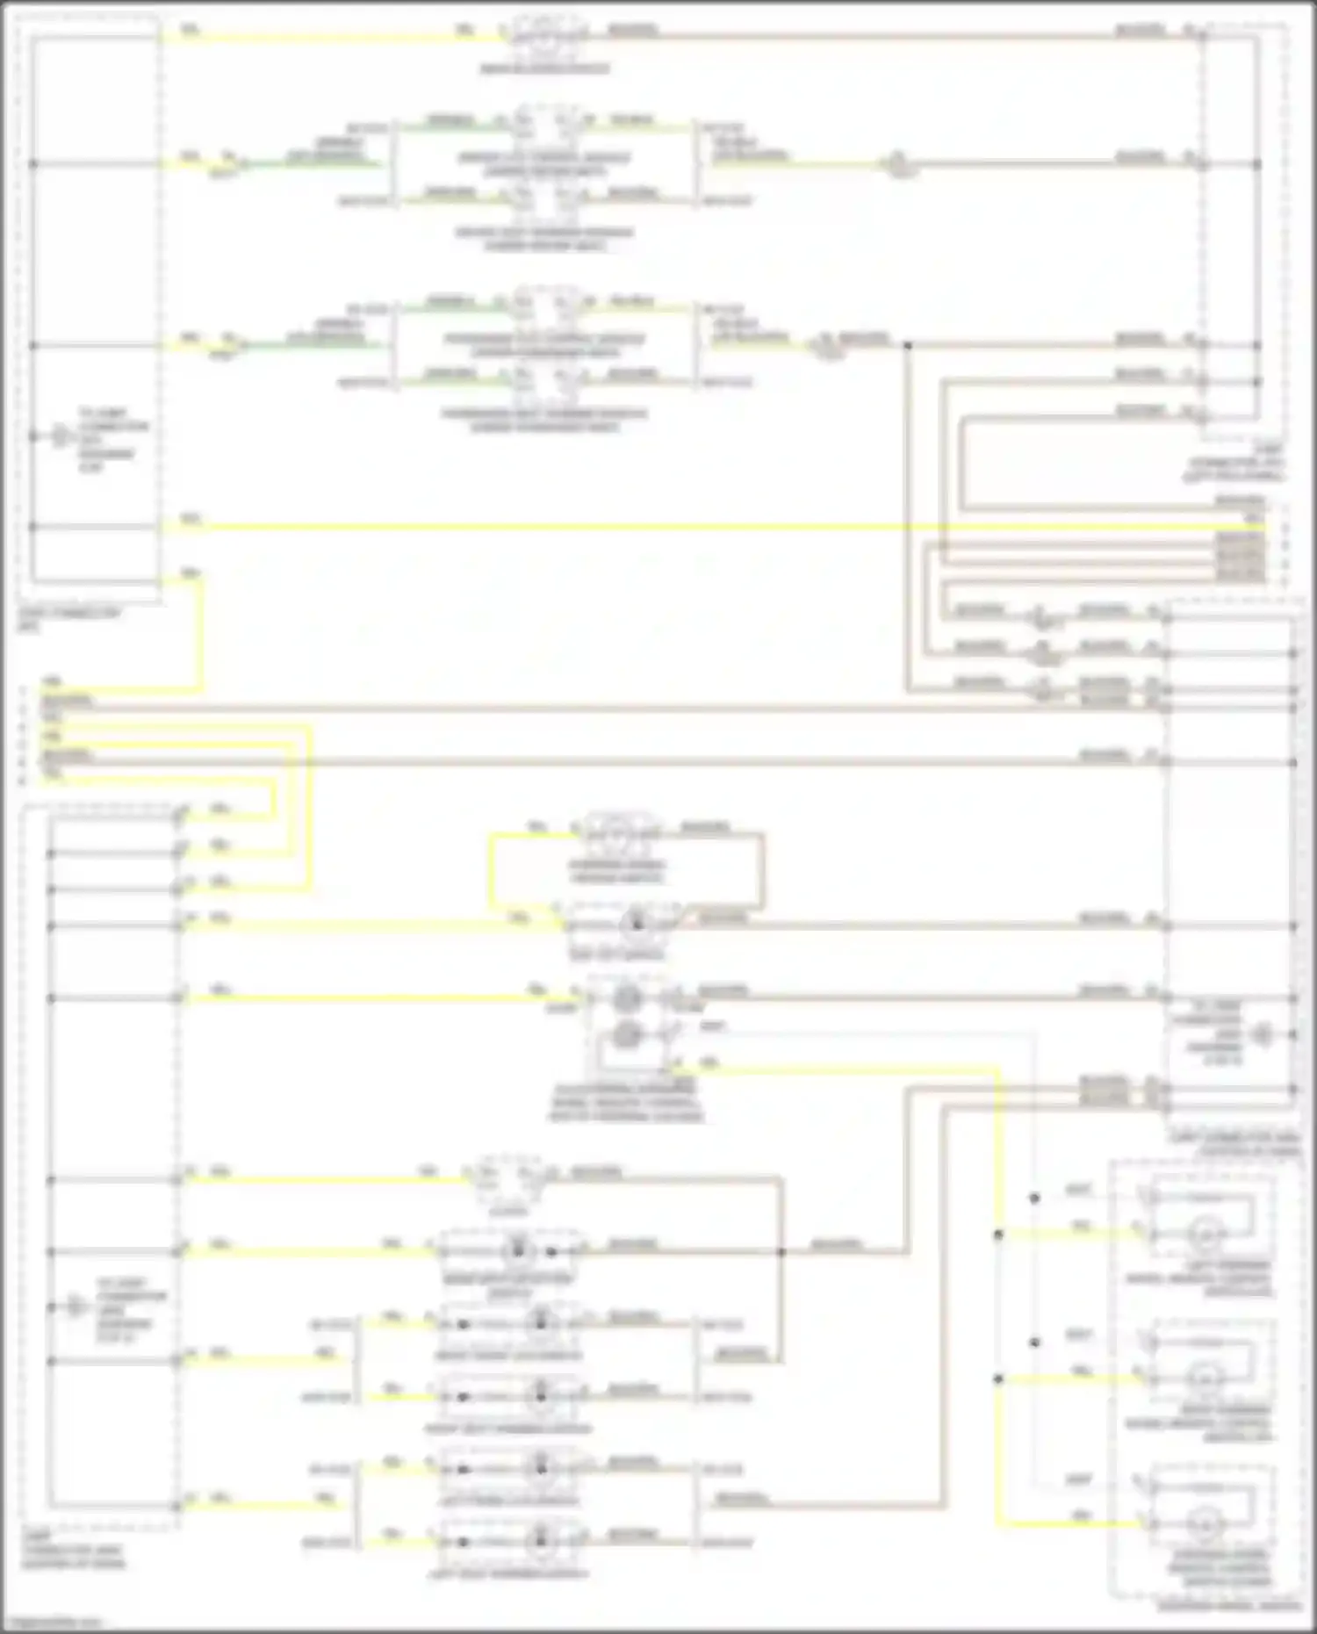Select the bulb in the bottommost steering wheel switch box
pos(1205,1523)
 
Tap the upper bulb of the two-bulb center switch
pos(625,998)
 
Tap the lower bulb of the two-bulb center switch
pos(625,1035)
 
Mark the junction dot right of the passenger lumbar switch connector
pos(907,345)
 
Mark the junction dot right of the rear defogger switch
pos(781,1251)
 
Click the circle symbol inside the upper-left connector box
pos(60,436)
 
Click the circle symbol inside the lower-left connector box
pos(76,1307)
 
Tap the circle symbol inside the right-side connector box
pos(1263,1034)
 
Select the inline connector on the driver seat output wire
pos(897,164)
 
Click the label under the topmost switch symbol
pos(544,68)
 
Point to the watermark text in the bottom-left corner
pos(51,1623)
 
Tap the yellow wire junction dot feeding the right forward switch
pos(998,1379)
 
